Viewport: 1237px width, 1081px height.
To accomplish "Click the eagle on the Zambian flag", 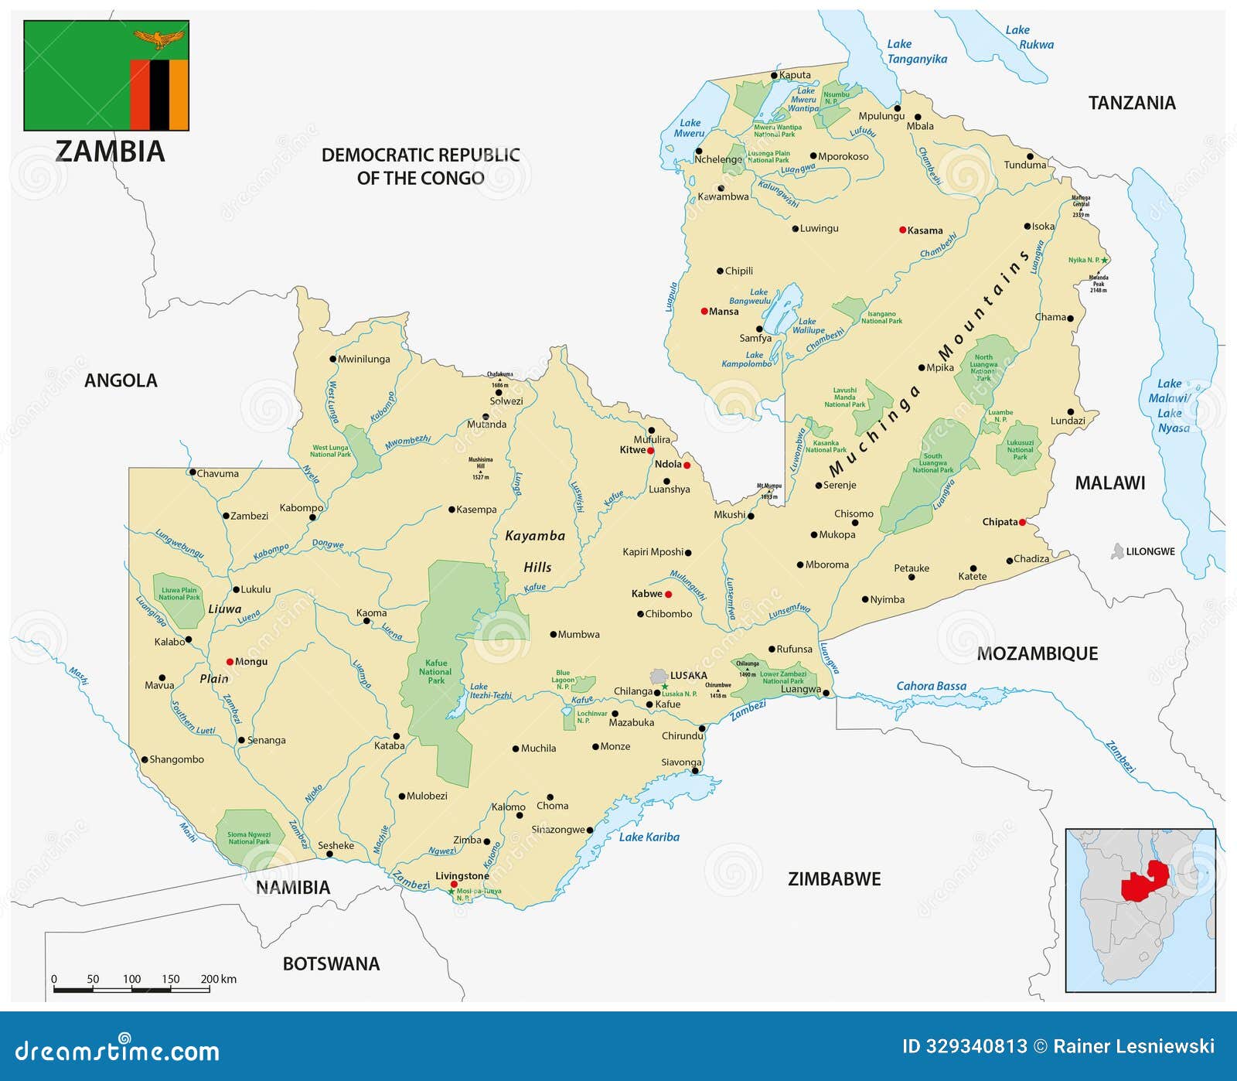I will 158,38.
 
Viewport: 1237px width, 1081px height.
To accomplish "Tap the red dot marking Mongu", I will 230,662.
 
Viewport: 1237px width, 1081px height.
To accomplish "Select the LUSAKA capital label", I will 688,675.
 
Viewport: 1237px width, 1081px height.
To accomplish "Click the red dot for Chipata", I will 1022,523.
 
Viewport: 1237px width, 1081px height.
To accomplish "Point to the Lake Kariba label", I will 649,837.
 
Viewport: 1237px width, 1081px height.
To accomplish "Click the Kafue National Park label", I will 436,671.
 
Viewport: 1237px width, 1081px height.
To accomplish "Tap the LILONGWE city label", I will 1150,551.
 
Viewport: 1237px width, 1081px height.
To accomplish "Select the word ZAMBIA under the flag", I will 110,152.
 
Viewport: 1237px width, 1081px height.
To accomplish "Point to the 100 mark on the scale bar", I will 131,979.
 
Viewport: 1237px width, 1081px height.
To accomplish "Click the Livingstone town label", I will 462,875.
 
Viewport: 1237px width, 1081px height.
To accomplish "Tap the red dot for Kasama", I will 902,230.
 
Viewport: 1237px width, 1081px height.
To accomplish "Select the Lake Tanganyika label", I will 915,52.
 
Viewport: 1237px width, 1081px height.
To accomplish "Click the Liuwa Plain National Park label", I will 179,593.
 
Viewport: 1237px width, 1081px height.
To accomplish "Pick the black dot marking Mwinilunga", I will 332,359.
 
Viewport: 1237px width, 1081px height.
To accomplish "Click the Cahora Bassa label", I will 931,686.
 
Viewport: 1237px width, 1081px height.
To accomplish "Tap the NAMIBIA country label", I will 293,888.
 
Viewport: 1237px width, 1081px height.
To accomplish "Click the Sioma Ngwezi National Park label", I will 249,837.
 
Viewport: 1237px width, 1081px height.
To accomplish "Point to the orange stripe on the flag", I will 179,94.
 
